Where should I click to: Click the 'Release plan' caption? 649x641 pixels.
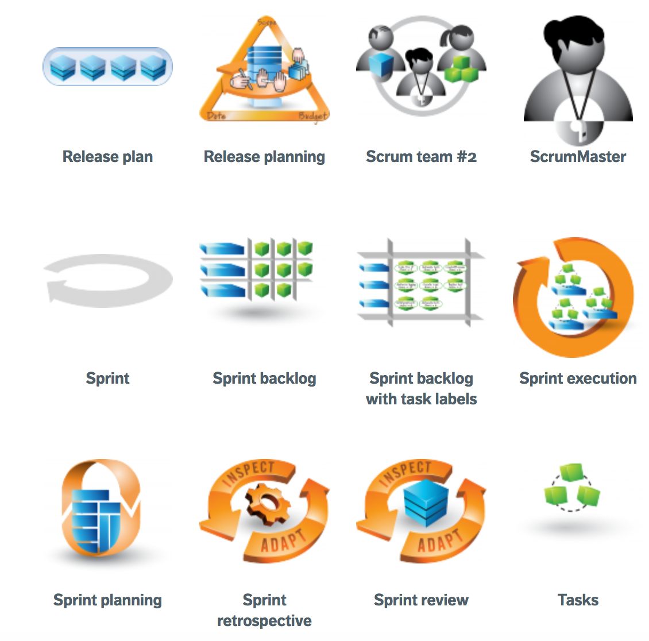click(107, 157)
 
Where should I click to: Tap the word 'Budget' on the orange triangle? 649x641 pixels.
click(312, 116)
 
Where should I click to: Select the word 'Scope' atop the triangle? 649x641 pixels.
click(267, 22)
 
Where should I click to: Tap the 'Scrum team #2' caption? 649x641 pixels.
click(421, 157)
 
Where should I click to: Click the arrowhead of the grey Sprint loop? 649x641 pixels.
click(53, 291)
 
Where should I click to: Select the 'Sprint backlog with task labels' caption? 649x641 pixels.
click(421, 388)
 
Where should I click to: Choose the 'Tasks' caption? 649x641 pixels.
click(578, 600)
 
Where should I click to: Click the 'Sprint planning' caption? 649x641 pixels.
click(107, 600)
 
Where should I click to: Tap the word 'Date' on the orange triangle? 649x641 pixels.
click(217, 116)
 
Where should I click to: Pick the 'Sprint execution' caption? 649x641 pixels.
click(578, 379)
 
